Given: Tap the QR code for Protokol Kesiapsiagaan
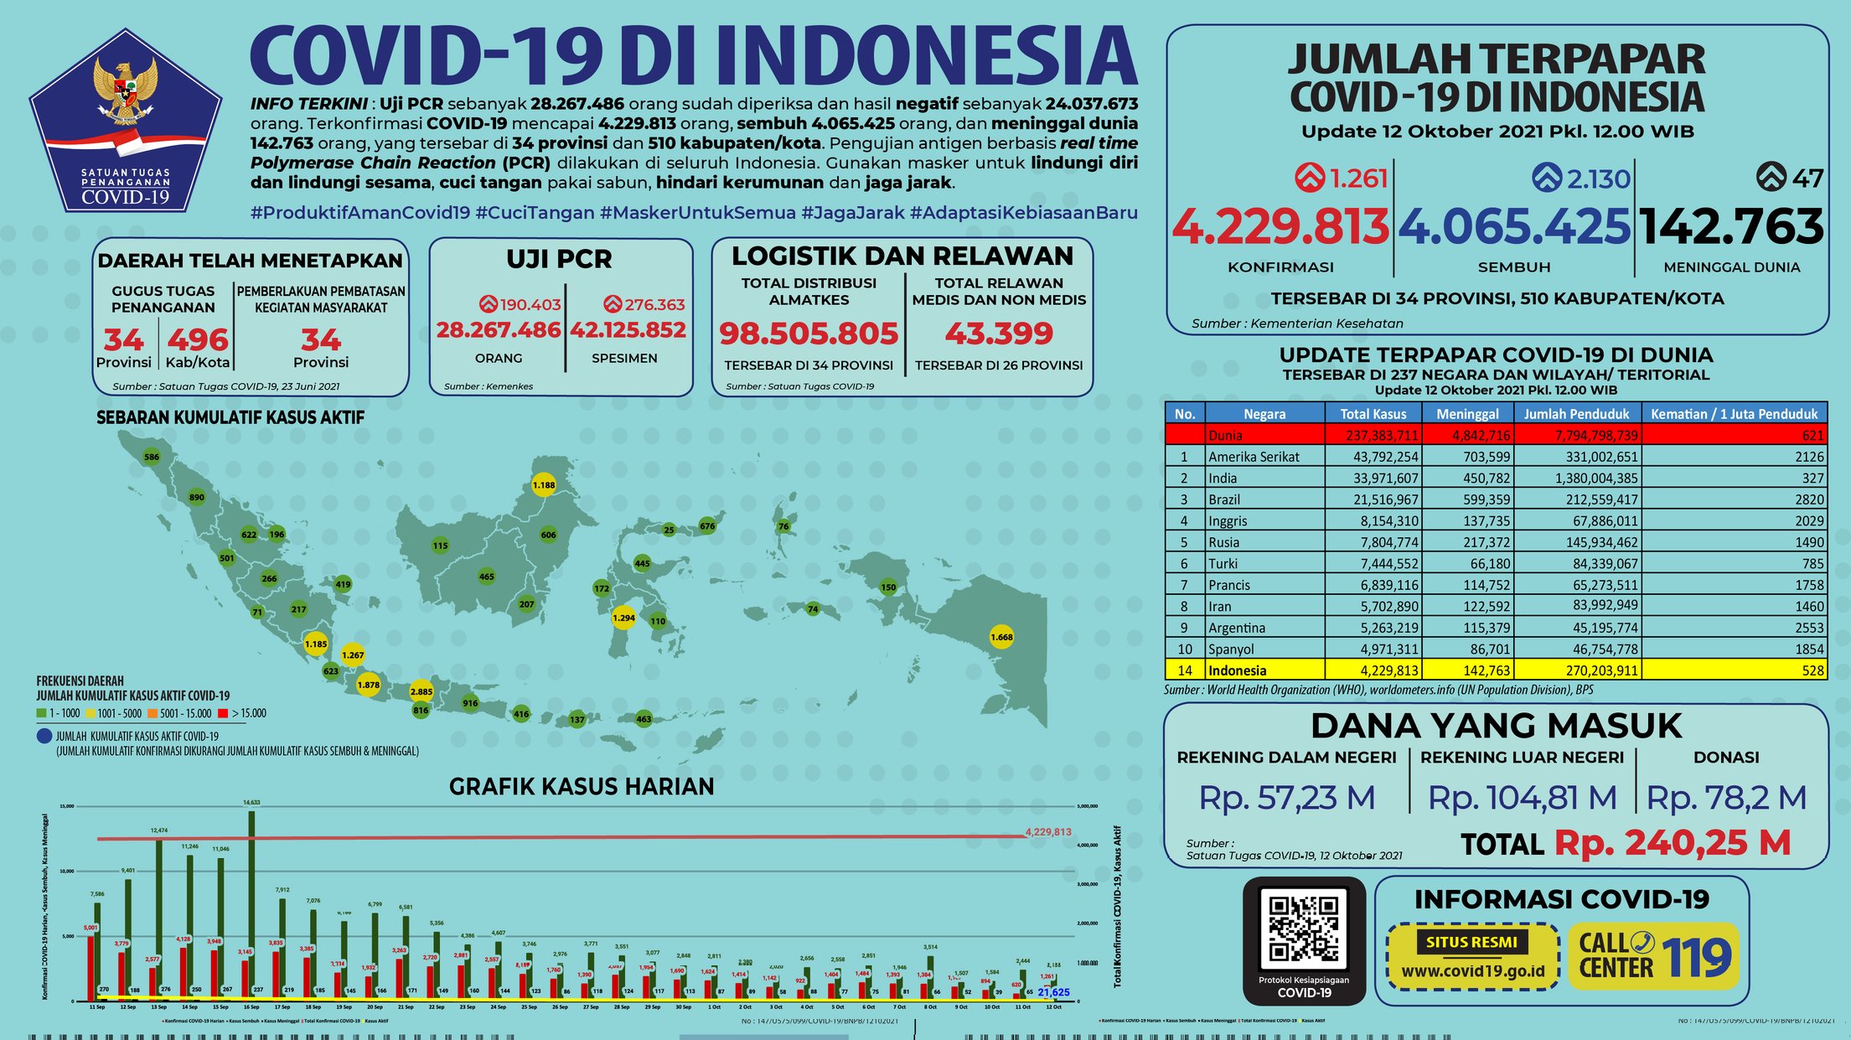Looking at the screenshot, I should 1303,929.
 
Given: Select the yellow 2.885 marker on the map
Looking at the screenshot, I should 421,691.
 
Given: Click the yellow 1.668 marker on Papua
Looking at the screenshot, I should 1001,637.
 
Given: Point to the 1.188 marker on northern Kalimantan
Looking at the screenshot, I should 544,484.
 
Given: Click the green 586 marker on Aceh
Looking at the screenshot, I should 152,457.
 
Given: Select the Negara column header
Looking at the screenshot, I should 1264,413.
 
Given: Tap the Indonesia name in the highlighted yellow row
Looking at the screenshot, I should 1237,670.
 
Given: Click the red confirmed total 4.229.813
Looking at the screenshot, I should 1280,226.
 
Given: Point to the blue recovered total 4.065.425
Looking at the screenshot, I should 1514,226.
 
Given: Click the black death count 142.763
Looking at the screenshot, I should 1731,226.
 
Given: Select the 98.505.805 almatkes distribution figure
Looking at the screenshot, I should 809,334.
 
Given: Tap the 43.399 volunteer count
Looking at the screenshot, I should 999,334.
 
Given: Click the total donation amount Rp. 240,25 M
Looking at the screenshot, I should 1672,842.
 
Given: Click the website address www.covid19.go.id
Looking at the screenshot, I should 1472,971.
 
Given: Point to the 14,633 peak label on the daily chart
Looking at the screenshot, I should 251,802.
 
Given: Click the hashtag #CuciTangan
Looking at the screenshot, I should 535,213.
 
